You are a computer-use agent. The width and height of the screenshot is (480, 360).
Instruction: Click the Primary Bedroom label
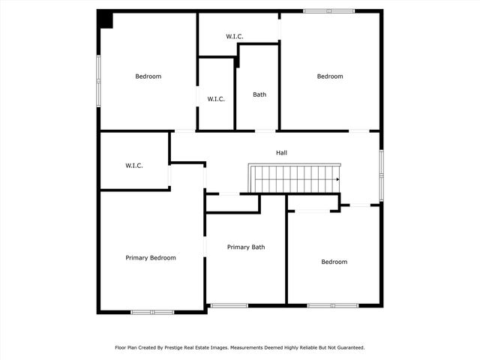click(x=151, y=258)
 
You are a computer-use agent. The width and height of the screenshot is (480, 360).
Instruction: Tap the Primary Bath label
click(x=246, y=247)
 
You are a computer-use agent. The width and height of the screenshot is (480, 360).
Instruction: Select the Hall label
click(x=281, y=153)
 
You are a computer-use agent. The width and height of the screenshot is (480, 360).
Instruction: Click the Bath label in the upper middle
click(x=259, y=94)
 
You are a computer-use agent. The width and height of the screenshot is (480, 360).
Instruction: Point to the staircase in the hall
click(x=295, y=179)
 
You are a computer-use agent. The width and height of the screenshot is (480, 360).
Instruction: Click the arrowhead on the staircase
click(x=338, y=179)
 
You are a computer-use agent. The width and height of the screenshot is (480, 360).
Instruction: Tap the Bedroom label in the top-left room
click(x=148, y=76)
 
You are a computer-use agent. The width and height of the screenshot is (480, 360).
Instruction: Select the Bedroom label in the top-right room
click(x=330, y=76)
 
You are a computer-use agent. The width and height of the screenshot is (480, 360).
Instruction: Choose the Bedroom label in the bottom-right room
click(x=334, y=262)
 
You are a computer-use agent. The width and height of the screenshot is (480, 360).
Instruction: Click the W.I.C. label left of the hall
click(x=134, y=166)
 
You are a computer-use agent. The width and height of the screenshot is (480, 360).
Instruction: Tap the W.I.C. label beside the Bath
click(x=216, y=99)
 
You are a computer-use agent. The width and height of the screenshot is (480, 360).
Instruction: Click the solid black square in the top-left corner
click(x=106, y=20)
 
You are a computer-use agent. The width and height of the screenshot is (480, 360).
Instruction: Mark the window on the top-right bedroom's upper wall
click(x=329, y=11)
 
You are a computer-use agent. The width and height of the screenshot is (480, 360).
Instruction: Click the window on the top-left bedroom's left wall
click(x=98, y=80)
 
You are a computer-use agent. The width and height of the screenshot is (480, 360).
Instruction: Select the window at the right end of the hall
click(x=381, y=175)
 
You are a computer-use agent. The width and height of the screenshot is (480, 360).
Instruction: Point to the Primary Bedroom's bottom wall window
click(x=152, y=311)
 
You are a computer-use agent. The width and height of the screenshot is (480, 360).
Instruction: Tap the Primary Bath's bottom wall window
click(x=229, y=305)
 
